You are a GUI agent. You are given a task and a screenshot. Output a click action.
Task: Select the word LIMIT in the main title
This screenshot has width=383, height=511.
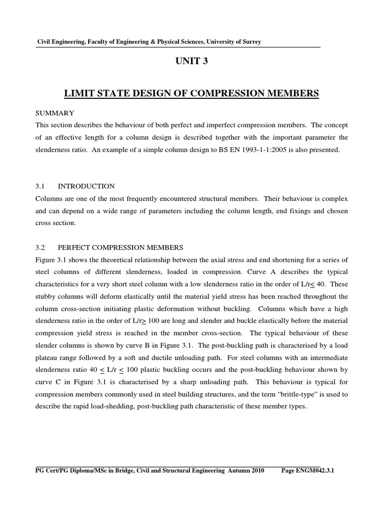point(80,93)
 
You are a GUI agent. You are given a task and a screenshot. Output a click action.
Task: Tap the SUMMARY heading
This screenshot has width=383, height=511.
point(56,113)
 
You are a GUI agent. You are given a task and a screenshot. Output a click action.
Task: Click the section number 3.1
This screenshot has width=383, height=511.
point(40,186)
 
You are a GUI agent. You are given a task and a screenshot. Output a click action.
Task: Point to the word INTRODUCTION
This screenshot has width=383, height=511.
point(86,186)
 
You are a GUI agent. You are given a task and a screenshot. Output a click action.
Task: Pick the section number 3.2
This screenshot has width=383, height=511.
point(40,248)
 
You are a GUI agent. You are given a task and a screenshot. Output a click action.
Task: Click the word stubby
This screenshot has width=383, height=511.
point(48,296)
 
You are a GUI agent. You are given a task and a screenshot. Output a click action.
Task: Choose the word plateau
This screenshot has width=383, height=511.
point(49,358)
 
